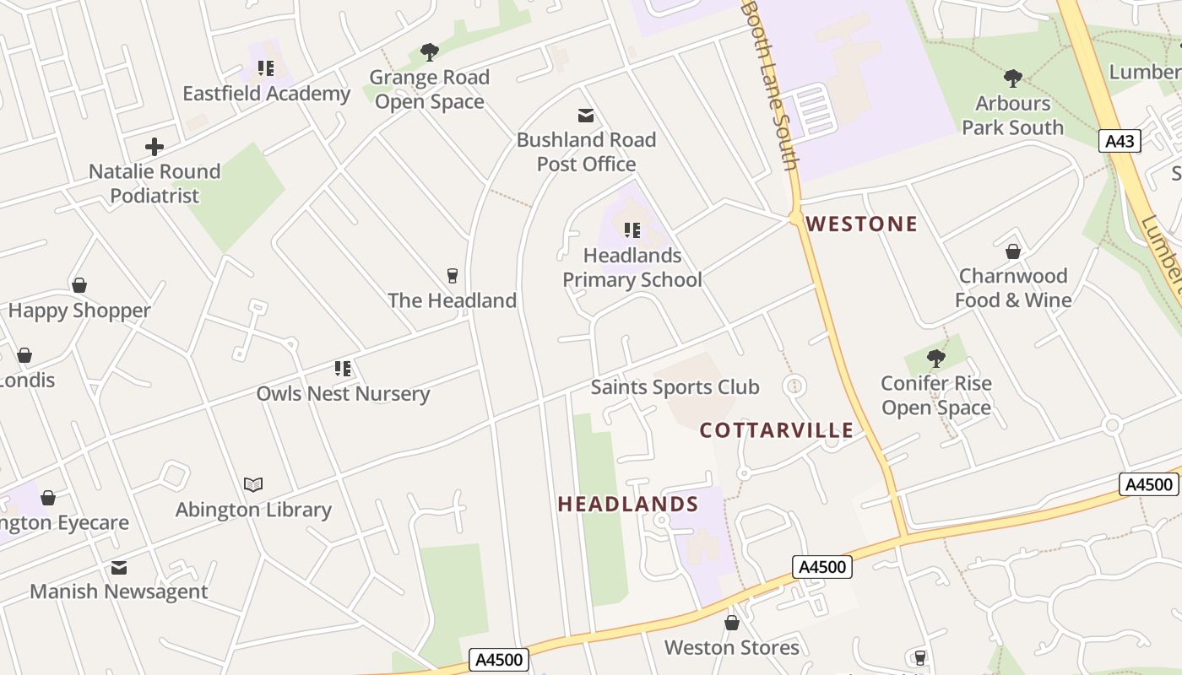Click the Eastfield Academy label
click(x=266, y=94)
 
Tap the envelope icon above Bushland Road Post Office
click(x=585, y=116)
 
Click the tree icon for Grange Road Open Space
click(x=430, y=52)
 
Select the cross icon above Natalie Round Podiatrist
click(x=155, y=148)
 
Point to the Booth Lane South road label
click(x=769, y=84)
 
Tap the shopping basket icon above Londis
click(x=24, y=355)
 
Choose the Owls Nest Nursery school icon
click(x=343, y=369)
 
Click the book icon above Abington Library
click(x=253, y=484)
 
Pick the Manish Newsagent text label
click(x=118, y=591)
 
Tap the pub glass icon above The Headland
click(x=452, y=276)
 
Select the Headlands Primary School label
click(x=632, y=267)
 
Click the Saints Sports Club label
click(x=675, y=387)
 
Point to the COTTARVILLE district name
click(x=776, y=430)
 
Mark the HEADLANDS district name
click(x=627, y=504)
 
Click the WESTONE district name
click(x=861, y=224)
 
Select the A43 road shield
click(x=1120, y=141)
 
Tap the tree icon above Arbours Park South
click(x=1012, y=78)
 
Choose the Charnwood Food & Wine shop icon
click(x=1012, y=251)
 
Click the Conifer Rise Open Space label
click(x=935, y=396)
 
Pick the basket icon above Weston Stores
click(x=731, y=623)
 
